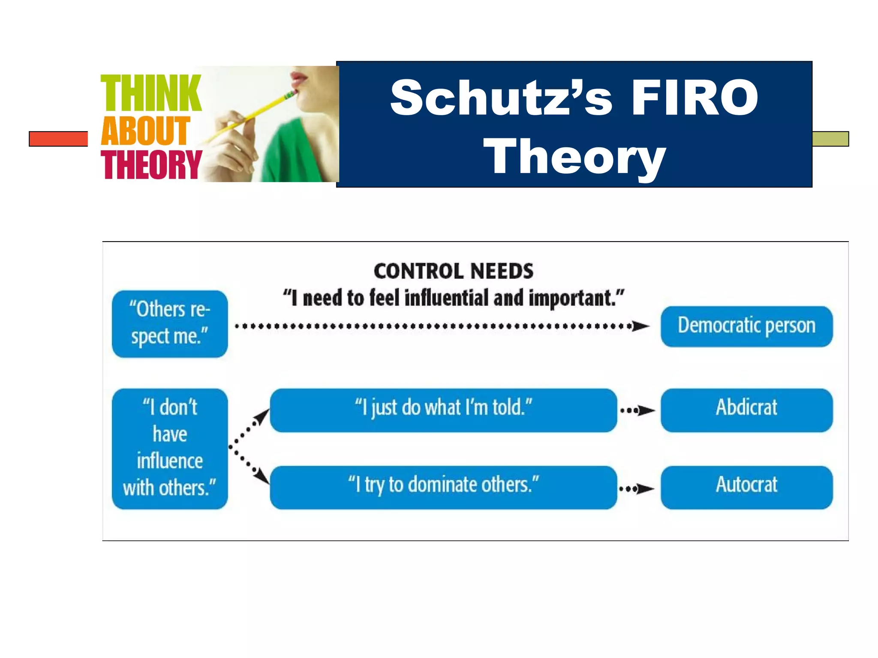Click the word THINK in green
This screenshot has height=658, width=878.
150,93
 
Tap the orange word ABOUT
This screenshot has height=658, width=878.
145,131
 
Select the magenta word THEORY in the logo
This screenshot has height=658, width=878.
151,165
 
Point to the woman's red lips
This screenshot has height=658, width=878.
299,79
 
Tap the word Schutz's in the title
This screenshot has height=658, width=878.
501,98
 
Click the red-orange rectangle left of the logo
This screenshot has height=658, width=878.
58,139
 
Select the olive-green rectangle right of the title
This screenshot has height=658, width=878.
830,139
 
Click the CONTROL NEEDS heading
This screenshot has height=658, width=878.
454,271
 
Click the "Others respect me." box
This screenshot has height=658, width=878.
170,324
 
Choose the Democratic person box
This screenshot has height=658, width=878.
746,326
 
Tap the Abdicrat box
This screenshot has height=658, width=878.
746,410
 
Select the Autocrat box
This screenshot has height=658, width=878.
746,487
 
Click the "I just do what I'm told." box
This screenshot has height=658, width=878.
443,410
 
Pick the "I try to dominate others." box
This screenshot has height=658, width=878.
443,487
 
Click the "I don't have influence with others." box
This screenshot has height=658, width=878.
170,449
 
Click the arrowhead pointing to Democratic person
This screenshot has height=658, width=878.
641,326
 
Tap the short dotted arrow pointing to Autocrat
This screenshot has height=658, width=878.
637,488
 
